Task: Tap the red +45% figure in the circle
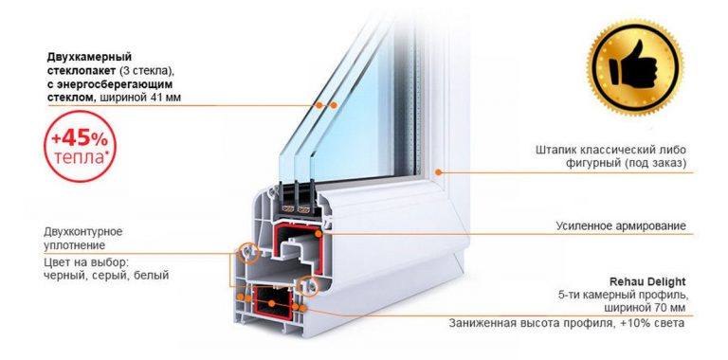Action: [80, 138]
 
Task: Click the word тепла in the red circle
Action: [78, 157]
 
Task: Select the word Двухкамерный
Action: [89, 57]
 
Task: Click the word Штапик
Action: [555, 151]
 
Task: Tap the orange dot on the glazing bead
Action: [438, 172]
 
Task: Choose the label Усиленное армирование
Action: [621, 225]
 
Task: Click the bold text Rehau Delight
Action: [647, 281]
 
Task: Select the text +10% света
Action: [652, 323]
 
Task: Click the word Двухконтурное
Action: [83, 231]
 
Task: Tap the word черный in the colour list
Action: [61, 276]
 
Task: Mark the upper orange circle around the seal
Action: [248, 253]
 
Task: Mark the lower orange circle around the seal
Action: [307, 286]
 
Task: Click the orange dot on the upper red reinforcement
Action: [318, 234]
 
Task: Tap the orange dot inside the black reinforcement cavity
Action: [272, 303]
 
